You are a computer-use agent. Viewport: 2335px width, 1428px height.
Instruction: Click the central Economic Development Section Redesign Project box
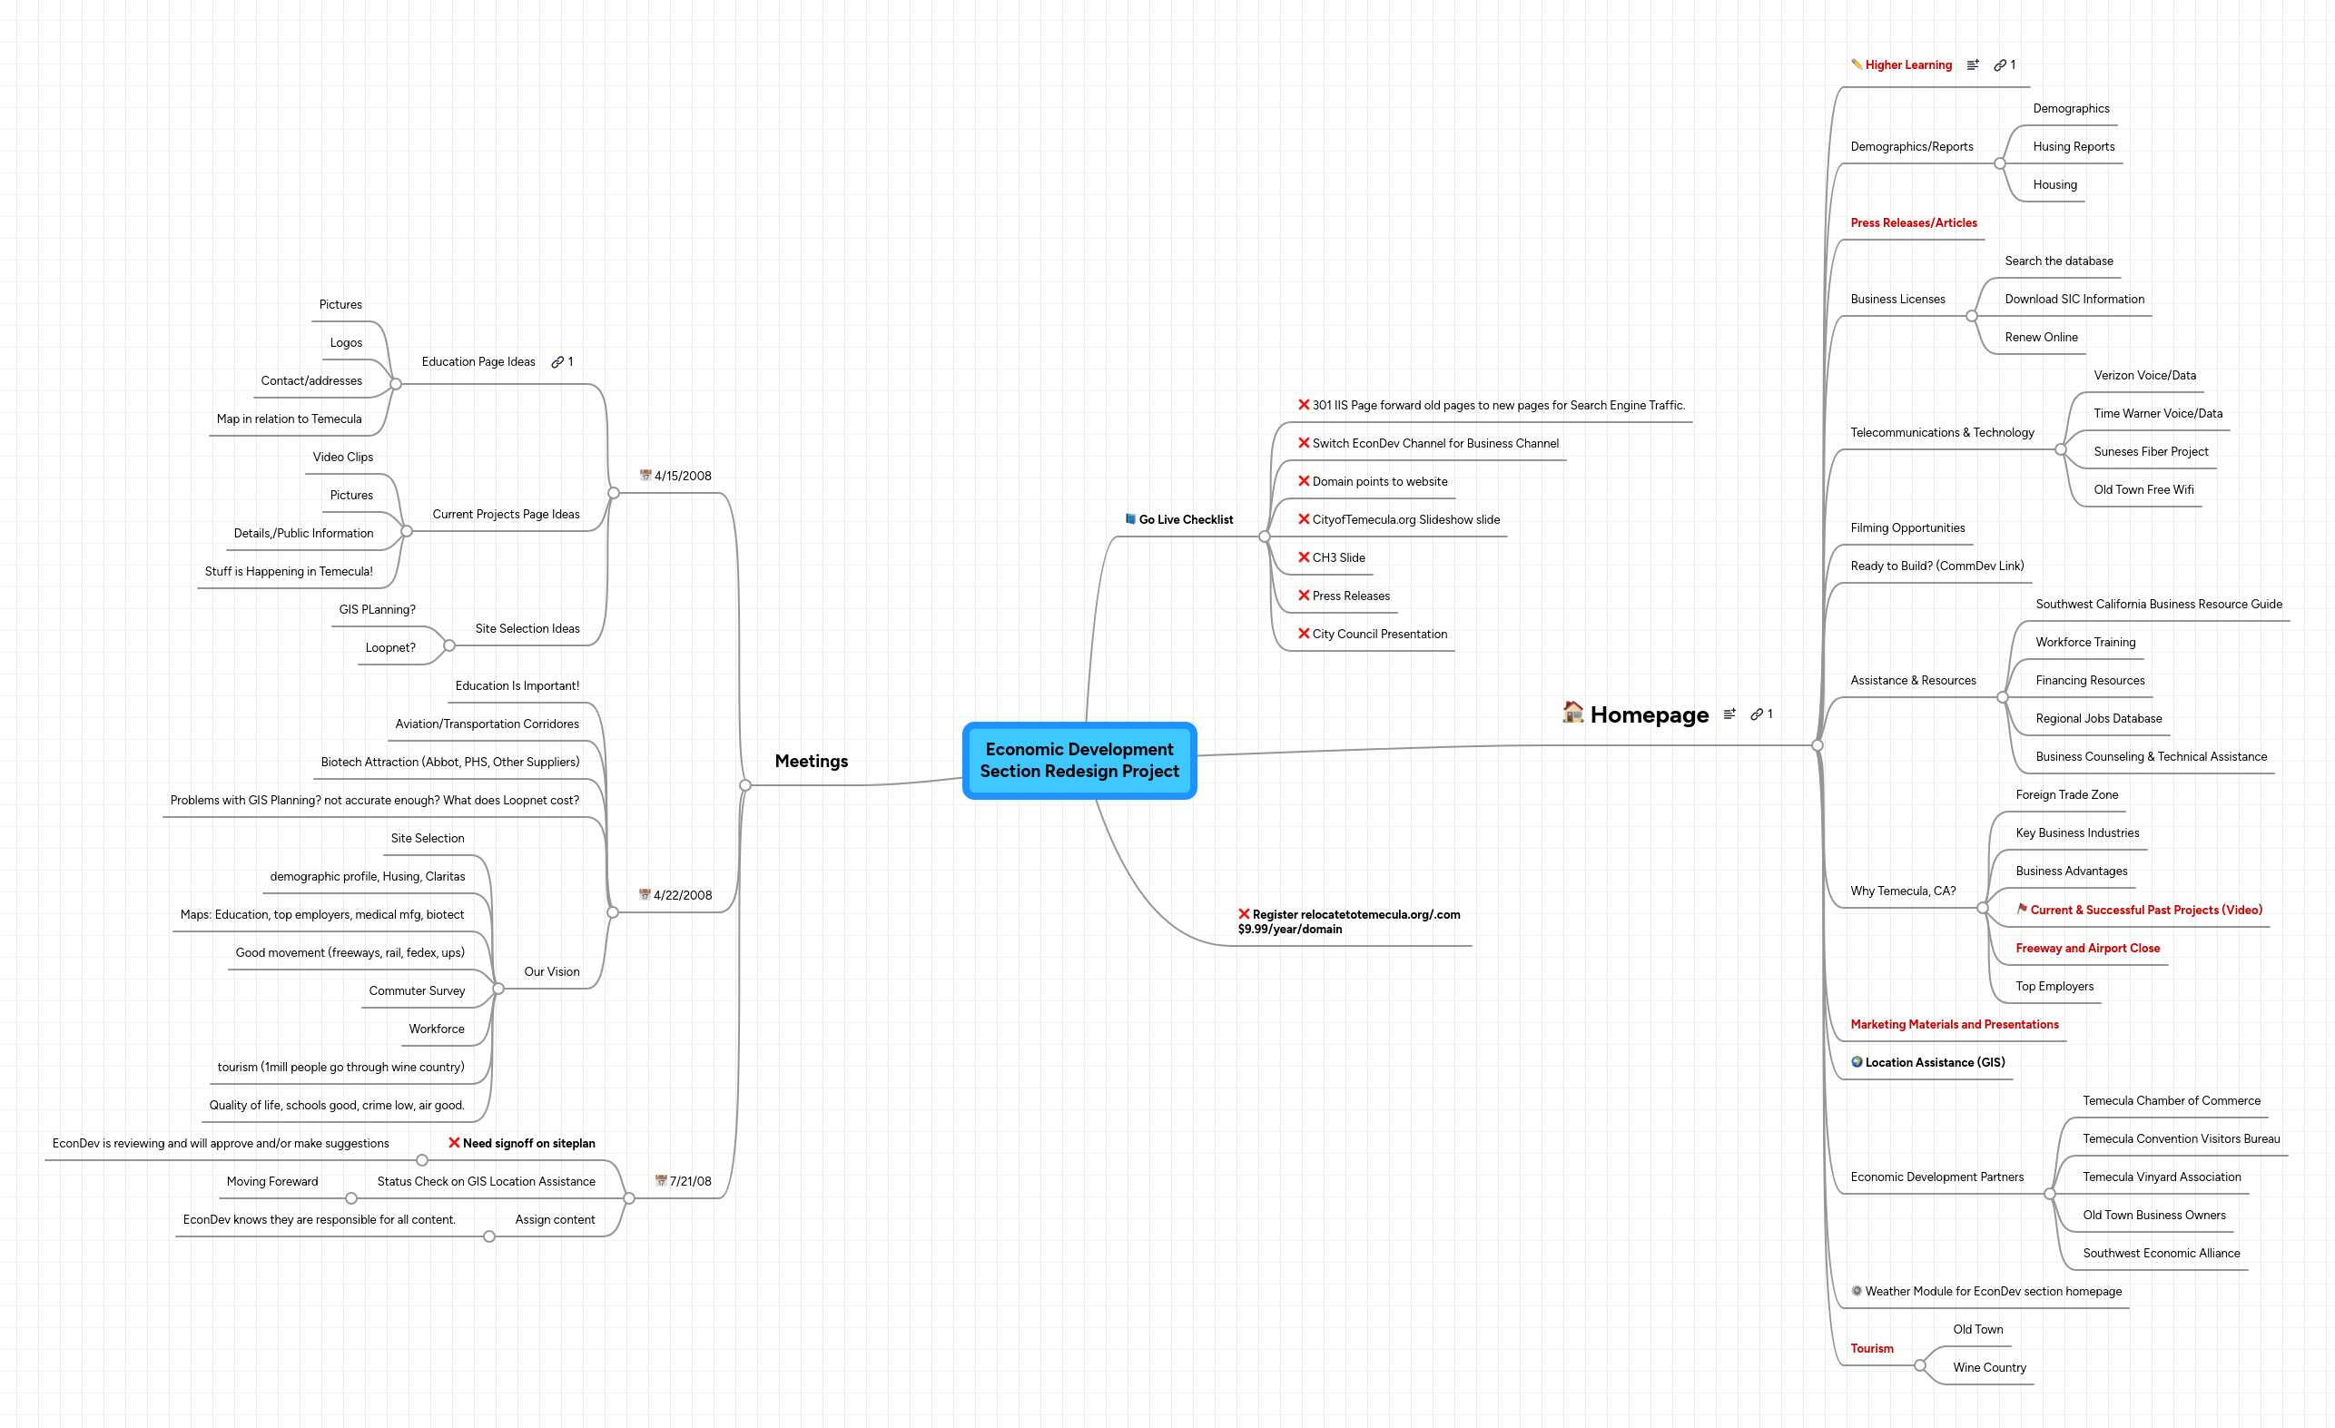click(1079, 760)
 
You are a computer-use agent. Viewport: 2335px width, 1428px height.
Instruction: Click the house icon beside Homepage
click(1572, 712)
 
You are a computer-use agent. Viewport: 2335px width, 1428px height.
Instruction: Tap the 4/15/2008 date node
click(683, 476)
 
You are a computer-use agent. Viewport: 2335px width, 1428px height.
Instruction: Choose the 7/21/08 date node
click(689, 1181)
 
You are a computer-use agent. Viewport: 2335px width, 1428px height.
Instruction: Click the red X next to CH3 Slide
click(1303, 557)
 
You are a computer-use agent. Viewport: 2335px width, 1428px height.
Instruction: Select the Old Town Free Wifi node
click(2143, 490)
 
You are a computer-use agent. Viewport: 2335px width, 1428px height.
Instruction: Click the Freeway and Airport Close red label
click(2087, 948)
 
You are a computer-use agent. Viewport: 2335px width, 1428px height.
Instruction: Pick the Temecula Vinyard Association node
click(2161, 1177)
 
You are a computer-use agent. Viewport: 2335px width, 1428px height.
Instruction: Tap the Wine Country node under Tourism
click(1988, 1367)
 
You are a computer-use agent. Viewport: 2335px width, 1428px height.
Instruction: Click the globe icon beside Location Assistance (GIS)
click(1857, 1062)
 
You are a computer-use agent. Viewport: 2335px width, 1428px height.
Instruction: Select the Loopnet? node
click(390, 648)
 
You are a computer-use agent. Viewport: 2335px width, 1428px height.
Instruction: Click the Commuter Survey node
click(417, 990)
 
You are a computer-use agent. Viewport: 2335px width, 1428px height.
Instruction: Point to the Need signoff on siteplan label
click(527, 1143)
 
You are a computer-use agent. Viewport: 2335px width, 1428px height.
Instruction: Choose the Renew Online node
click(2040, 338)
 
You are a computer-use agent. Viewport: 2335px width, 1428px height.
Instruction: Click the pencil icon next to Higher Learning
click(1857, 64)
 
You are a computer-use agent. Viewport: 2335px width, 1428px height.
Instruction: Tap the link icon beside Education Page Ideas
click(557, 362)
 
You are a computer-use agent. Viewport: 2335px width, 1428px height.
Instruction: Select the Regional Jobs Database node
click(2098, 718)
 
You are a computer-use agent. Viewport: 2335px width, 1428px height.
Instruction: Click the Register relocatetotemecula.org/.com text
click(1355, 914)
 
